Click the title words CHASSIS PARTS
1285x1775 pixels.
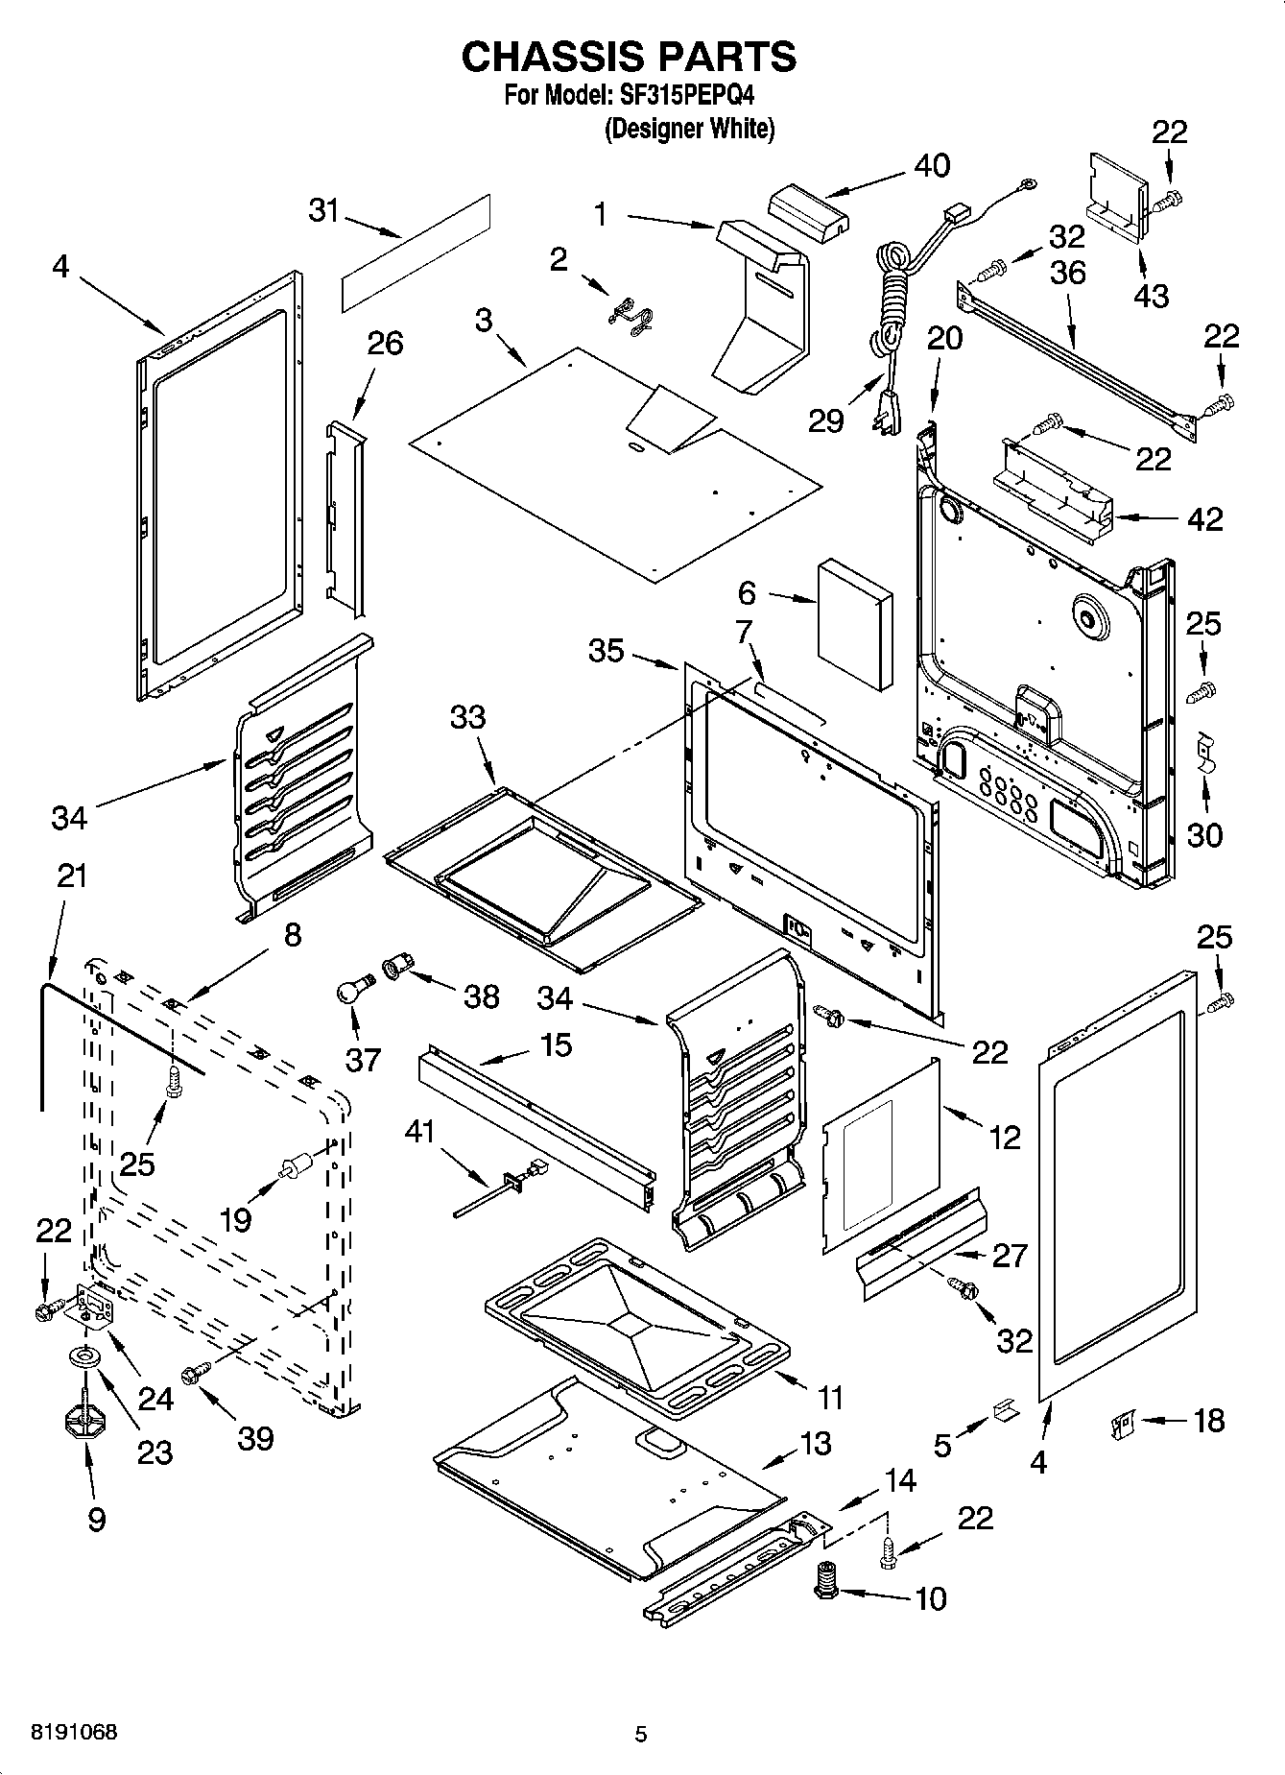click(629, 57)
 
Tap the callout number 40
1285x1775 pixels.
click(932, 165)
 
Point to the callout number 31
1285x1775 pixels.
click(324, 210)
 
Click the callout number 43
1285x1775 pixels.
click(1151, 295)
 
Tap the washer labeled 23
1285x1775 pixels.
click(85, 1358)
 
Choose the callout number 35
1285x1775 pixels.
click(607, 650)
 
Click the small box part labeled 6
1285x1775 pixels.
click(855, 625)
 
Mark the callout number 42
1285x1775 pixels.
click(1205, 518)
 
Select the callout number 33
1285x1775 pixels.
click(468, 717)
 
